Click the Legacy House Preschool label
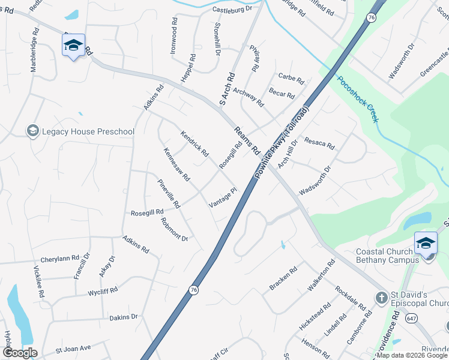(80, 131)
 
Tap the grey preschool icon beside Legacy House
(33, 131)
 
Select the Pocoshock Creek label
(358, 99)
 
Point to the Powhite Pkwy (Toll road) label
(282, 142)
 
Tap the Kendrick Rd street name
(194, 143)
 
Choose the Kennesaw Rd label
(176, 165)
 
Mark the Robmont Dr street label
(175, 229)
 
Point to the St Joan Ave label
(73, 348)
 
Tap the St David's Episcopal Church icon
(381, 298)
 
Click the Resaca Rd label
(319, 143)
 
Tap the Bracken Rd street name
(283, 279)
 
